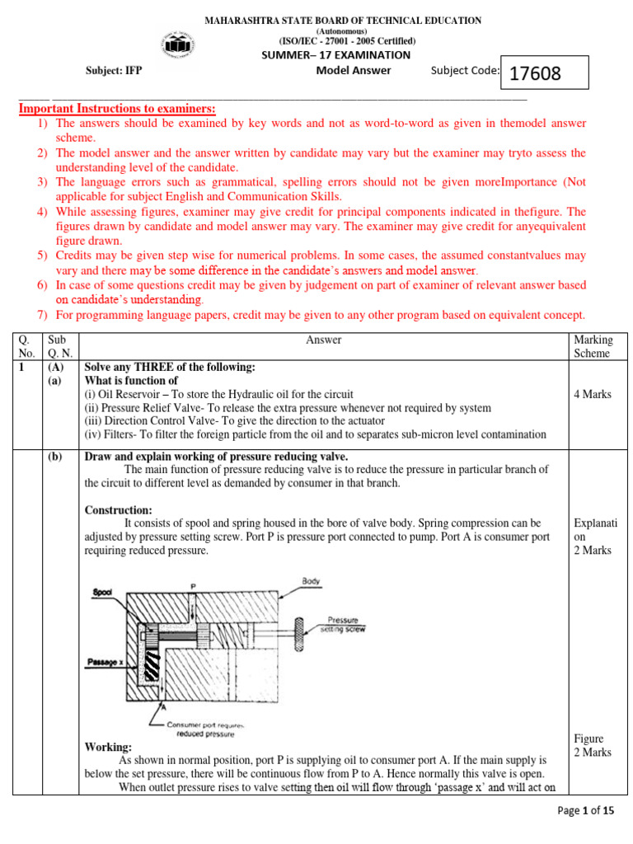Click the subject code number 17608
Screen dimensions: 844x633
[x=536, y=73]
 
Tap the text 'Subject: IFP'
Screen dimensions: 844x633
[x=114, y=71]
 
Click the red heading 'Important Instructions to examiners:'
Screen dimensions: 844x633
[x=117, y=109]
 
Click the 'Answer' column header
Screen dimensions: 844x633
[x=323, y=340]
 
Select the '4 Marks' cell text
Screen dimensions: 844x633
[x=592, y=395]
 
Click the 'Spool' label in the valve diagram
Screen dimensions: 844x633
[x=103, y=593]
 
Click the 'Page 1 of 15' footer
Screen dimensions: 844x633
[x=586, y=811]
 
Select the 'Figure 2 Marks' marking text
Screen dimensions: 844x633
[x=592, y=746]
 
